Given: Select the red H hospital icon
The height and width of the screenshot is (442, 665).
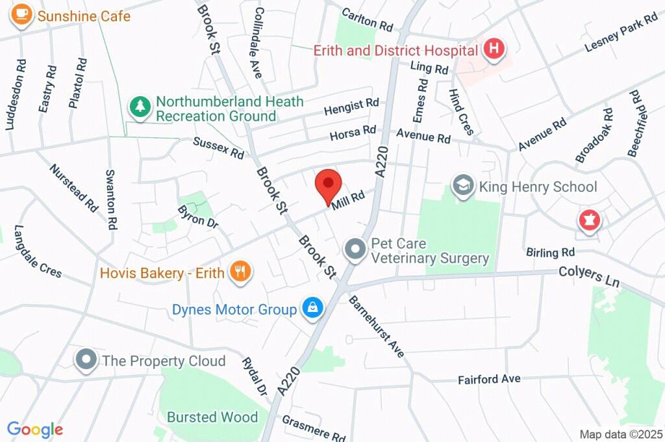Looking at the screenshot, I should point(495,49).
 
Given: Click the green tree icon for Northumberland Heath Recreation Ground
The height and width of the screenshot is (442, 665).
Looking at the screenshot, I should point(140,107).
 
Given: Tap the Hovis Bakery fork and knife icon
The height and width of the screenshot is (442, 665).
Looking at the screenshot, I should point(240,272).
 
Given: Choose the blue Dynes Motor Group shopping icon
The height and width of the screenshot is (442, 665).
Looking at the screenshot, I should point(312,309).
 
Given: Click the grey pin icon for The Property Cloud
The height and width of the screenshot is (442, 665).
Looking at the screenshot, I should point(86,360).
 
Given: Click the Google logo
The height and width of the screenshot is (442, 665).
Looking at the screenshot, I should point(35,430).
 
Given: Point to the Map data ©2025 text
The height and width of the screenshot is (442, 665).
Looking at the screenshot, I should point(621,434).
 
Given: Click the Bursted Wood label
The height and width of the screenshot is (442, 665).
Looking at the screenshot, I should point(212,417).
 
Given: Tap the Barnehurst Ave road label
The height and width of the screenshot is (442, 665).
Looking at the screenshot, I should point(377,326).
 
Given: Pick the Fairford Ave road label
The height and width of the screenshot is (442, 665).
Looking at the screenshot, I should point(489,379).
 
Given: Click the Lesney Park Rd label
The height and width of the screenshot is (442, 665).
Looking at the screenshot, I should point(621,34).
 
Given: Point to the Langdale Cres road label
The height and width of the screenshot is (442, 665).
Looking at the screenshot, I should point(38,252).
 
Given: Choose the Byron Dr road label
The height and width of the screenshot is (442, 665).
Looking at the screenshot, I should point(197,216).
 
